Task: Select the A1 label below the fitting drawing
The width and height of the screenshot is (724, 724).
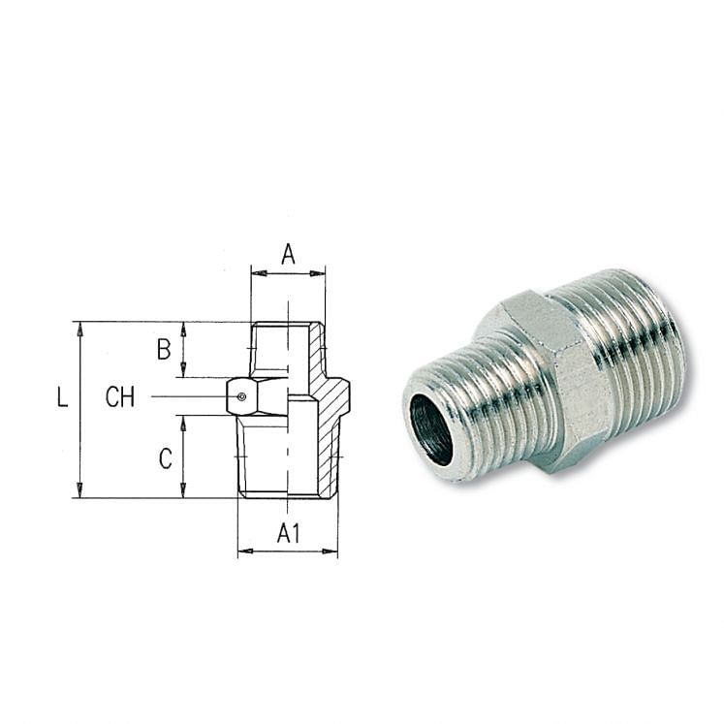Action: click(x=288, y=533)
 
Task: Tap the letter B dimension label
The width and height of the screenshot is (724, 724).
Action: click(x=164, y=350)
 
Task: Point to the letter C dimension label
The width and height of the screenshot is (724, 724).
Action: click(x=165, y=458)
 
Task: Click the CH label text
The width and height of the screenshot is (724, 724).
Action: click(x=120, y=397)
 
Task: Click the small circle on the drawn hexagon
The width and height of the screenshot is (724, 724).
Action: click(x=242, y=395)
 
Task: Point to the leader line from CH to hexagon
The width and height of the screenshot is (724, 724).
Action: click(x=189, y=396)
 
